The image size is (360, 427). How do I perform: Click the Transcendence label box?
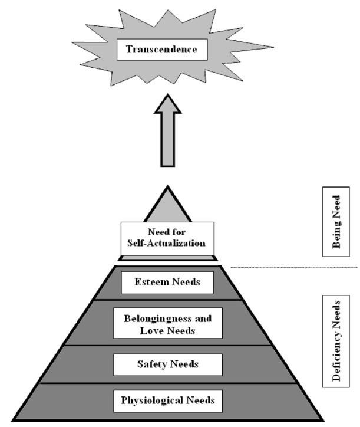coord(162,50)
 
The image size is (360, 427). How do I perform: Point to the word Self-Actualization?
coord(168,243)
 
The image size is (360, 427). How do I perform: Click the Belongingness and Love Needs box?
coord(168,323)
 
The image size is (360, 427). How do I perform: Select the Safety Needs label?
coord(168,364)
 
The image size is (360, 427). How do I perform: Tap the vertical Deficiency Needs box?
coord(336,341)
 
